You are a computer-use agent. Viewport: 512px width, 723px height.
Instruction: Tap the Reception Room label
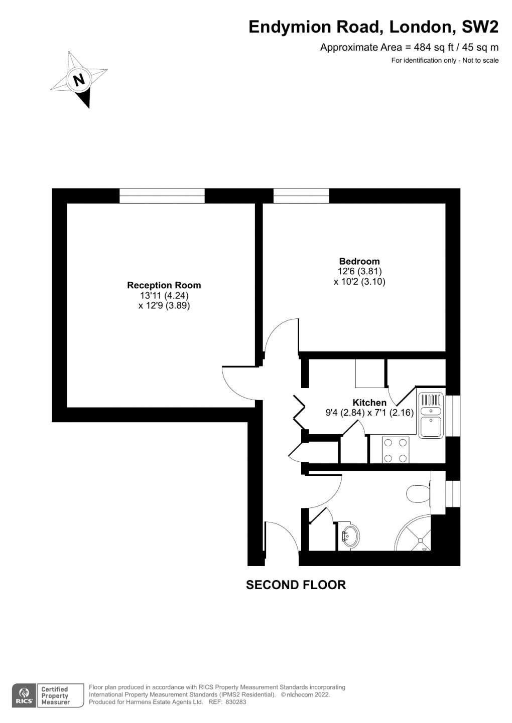(164, 285)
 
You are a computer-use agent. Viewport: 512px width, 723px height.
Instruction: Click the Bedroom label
(359, 261)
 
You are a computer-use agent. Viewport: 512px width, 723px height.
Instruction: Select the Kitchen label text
(369, 403)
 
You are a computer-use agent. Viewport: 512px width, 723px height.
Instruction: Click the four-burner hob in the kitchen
(396, 450)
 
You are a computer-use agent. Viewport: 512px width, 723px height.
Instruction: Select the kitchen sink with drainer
(431, 414)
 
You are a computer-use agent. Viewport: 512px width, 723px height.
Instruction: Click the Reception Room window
(162, 196)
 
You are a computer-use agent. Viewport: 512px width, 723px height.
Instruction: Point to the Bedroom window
(301, 196)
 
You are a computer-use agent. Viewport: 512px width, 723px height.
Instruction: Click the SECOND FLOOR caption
(296, 585)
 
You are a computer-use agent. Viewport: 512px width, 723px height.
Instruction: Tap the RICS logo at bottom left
(24, 695)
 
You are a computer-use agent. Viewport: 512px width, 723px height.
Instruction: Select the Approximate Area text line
(409, 48)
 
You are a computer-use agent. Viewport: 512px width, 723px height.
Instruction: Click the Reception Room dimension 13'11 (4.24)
(164, 295)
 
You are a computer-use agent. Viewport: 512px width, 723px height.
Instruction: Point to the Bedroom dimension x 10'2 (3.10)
(359, 281)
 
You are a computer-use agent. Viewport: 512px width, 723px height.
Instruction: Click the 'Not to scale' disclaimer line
(445, 61)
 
